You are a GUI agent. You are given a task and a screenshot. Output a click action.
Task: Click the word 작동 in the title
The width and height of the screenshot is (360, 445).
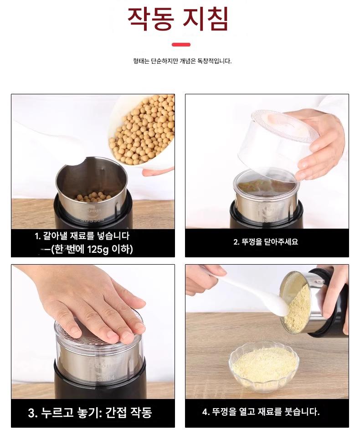coord(150,19)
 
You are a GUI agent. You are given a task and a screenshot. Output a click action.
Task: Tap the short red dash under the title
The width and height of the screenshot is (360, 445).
coord(181,45)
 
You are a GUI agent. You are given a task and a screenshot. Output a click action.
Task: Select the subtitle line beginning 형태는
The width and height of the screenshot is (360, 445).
coord(182,61)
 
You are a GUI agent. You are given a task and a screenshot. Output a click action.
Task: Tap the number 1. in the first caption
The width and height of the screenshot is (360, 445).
coord(38,236)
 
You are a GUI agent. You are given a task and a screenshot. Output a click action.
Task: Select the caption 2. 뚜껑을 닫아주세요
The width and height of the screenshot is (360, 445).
coord(266,242)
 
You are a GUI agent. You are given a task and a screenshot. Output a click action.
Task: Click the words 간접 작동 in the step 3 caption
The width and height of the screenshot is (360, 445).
coord(129,413)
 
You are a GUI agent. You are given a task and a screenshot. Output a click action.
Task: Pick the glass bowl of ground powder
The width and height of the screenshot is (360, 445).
coord(264,366)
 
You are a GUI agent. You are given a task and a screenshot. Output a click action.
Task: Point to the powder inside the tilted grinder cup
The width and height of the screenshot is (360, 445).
coord(297,309)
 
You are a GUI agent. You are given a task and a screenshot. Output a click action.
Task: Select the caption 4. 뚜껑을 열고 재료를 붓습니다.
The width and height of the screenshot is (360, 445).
coord(261,412)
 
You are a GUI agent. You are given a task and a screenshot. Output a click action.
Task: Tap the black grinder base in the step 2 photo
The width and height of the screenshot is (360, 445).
coord(266,216)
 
